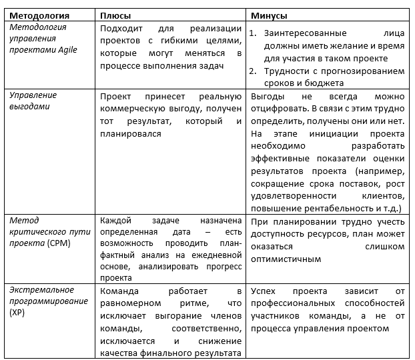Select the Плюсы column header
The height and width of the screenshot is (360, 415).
(115, 15)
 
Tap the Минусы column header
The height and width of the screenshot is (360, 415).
(269, 15)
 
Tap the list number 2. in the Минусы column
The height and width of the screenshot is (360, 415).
(253, 71)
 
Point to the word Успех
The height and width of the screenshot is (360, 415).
(264, 291)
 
